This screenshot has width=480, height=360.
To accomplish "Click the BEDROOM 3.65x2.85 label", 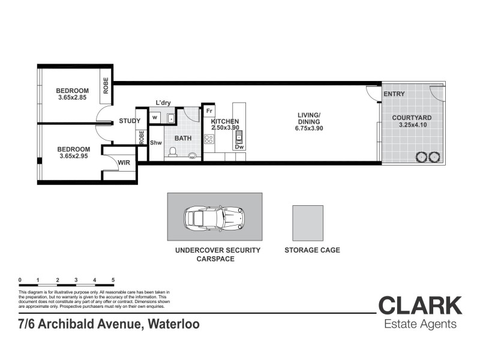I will [73, 94].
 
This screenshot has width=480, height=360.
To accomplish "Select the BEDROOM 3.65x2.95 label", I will [73, 152].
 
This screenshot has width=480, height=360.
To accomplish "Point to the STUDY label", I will [130, 121].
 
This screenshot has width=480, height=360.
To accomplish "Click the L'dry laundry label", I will [163, 103].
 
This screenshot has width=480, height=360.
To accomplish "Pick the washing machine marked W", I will [155, 118].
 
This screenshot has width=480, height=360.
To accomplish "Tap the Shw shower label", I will [156, 143].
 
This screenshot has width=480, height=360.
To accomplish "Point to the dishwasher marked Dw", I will [239, 146].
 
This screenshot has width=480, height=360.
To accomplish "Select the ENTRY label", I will [394, 94].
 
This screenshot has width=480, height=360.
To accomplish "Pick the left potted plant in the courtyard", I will [421, 157].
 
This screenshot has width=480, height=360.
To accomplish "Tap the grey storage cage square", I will [308, 223].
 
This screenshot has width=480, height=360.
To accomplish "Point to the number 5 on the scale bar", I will [113, 280].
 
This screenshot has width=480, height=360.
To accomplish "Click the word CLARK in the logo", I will [420, 305].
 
